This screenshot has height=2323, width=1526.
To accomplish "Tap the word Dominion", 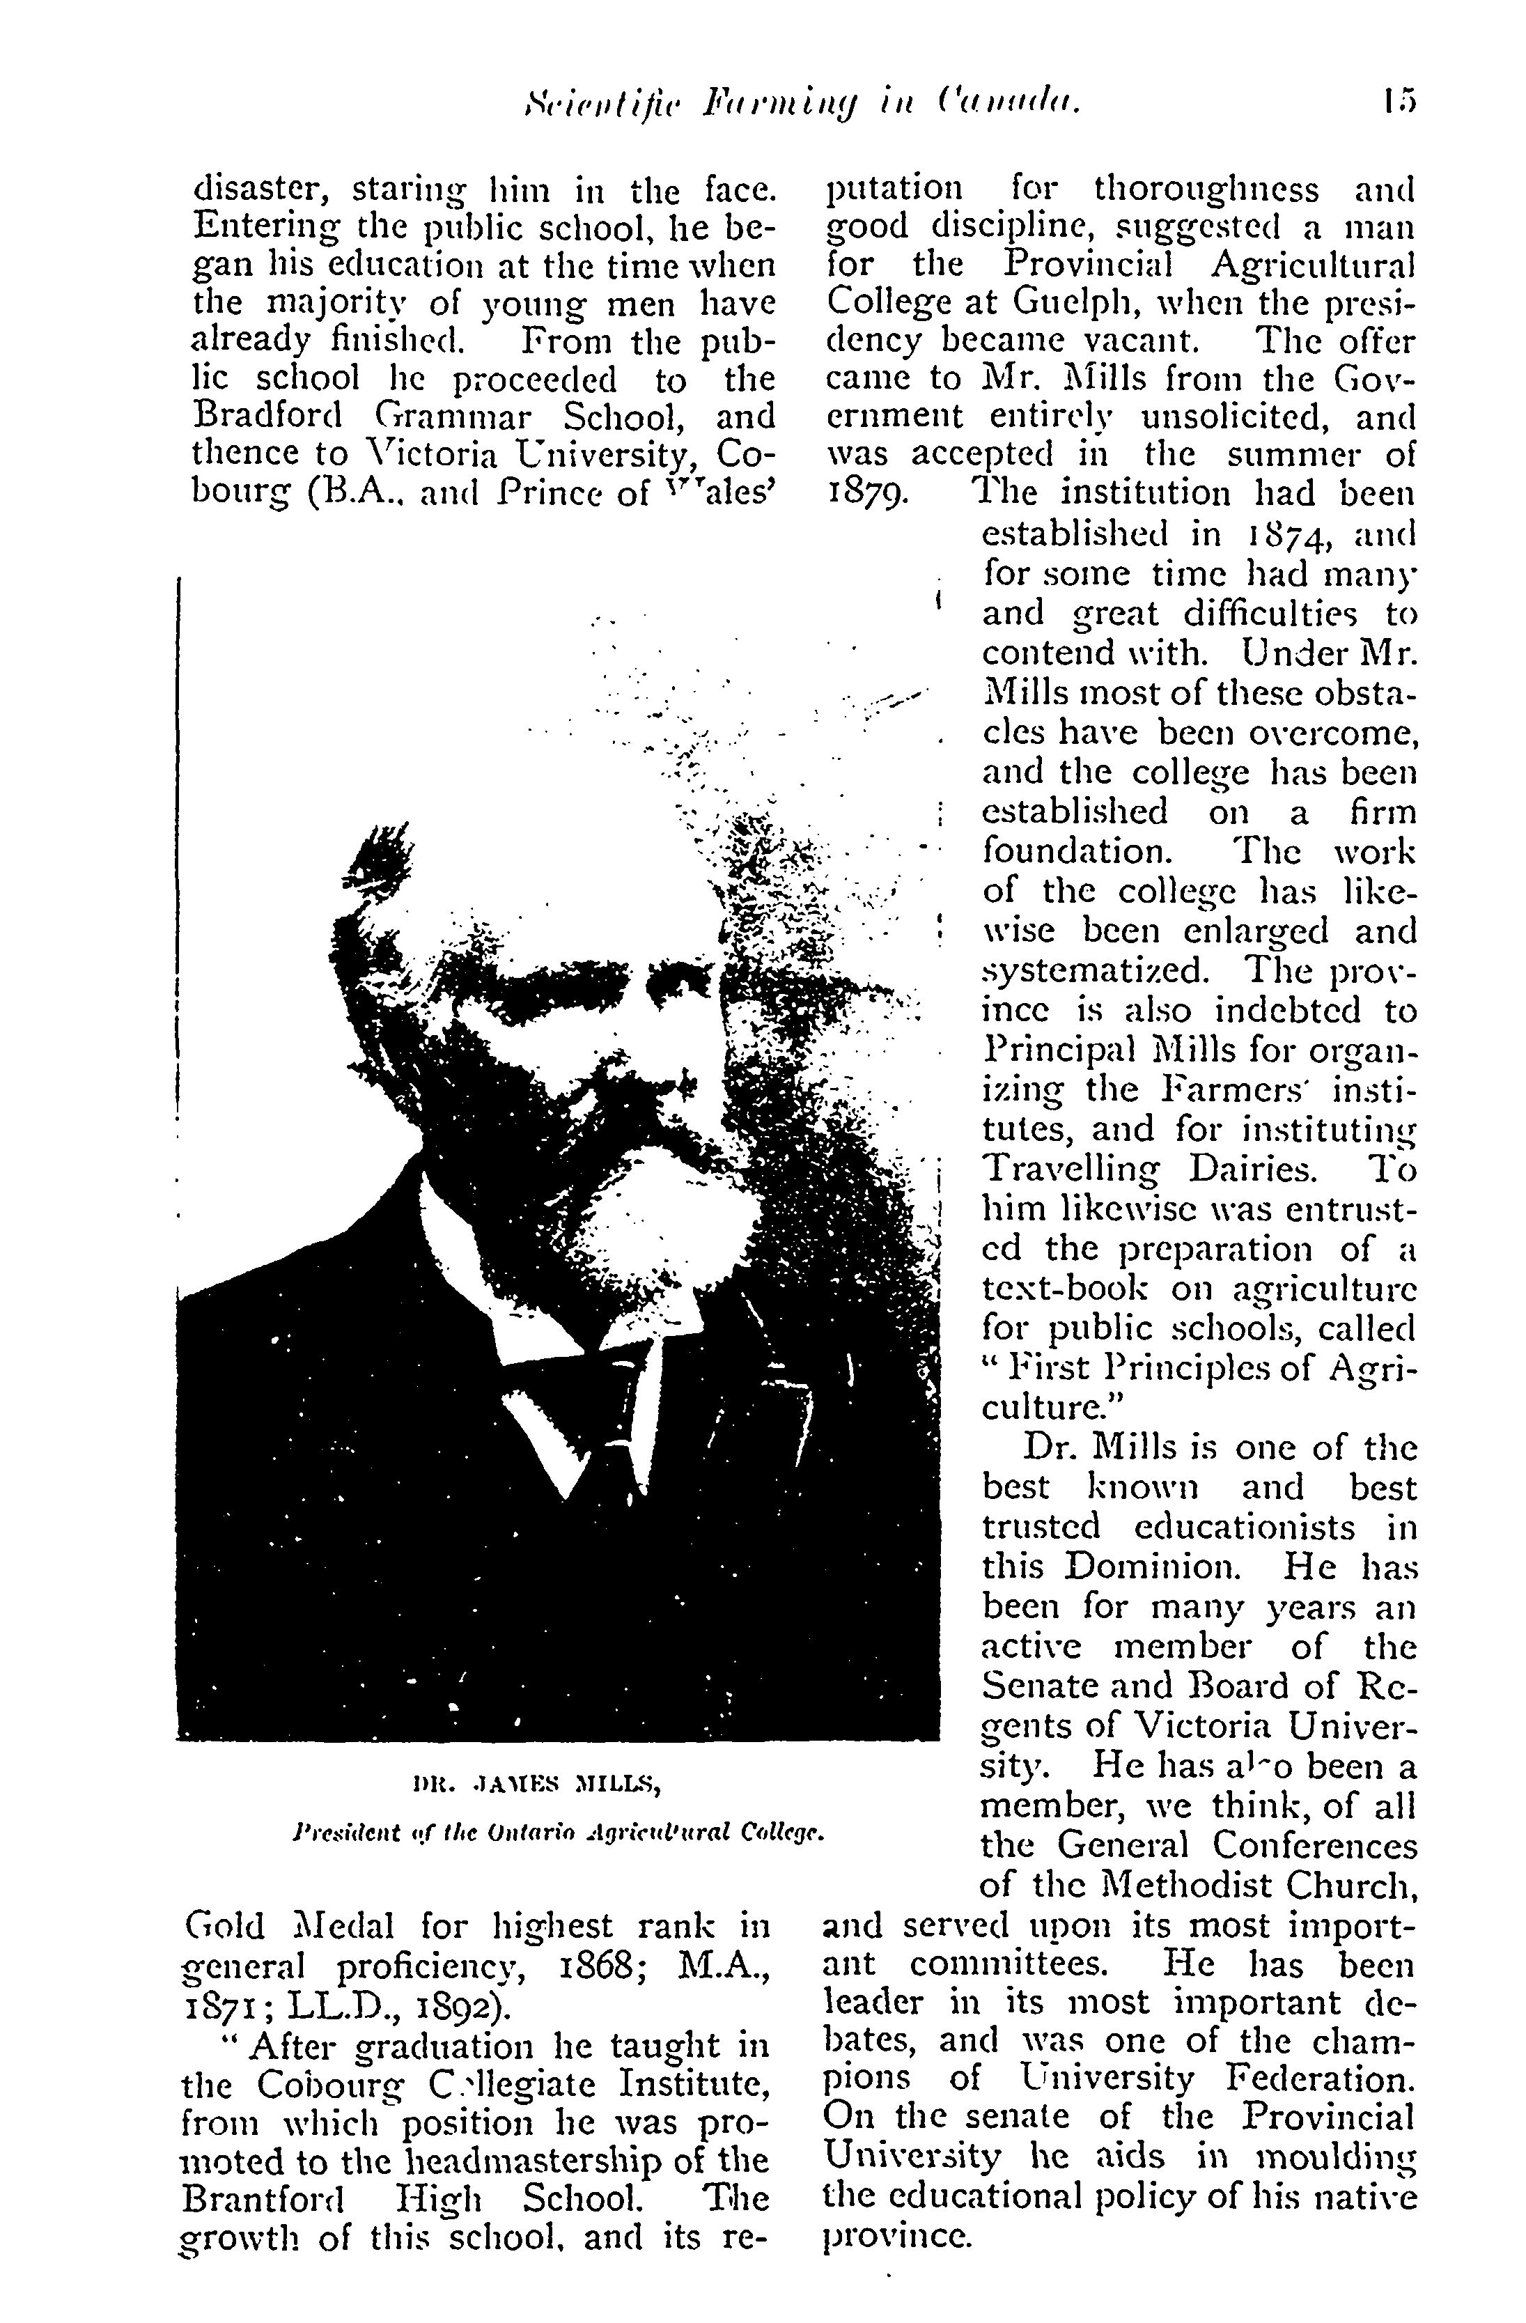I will pos(1151,1567).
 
